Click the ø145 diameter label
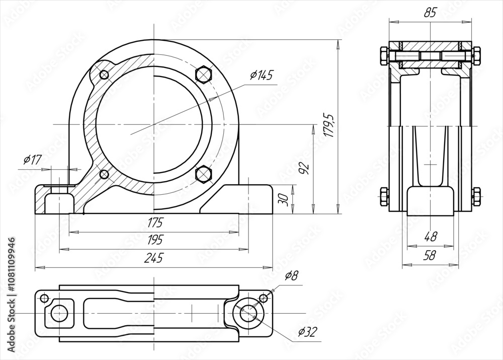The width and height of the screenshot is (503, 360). point(261,76)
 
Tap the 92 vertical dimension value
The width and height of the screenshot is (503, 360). point(303,168)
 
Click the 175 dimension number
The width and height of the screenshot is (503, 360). point(155,222)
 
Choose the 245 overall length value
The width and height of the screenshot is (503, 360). point(153,258)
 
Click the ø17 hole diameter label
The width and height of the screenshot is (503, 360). point(32,161)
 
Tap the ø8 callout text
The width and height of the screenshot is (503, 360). point(291,275)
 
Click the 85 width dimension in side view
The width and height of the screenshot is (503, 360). point(430,13)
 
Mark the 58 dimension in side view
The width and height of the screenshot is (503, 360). point(431,255)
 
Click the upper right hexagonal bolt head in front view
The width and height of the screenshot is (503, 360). point(203,74)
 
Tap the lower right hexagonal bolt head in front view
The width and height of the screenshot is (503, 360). point(203,173)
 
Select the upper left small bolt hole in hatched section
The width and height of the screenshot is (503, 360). point(104,75)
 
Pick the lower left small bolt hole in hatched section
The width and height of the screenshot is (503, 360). point(104,174)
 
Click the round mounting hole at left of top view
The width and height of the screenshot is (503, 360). point(59,313)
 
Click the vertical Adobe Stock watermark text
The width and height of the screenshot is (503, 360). point(11,293)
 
